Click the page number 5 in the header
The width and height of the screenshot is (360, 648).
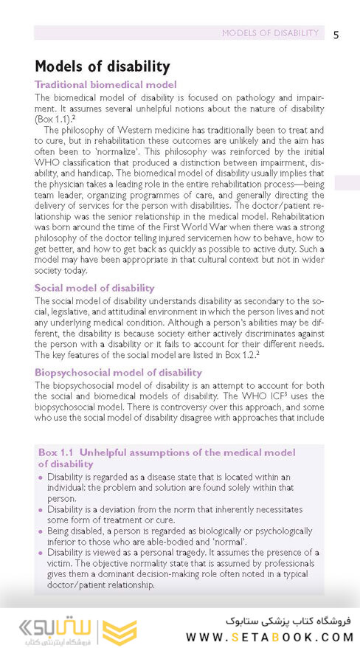coord(336,34)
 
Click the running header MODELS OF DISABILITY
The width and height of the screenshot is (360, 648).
coord(270,33)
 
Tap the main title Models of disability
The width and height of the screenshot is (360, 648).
coord(103,66)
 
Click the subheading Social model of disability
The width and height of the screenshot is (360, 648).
coord(94,287)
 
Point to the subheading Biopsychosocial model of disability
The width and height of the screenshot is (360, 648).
coord(118,373)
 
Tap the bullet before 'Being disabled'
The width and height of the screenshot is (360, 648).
coord(41,531)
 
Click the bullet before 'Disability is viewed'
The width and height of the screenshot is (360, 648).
coord(41,553)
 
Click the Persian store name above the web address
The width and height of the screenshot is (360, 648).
coord(292,618)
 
